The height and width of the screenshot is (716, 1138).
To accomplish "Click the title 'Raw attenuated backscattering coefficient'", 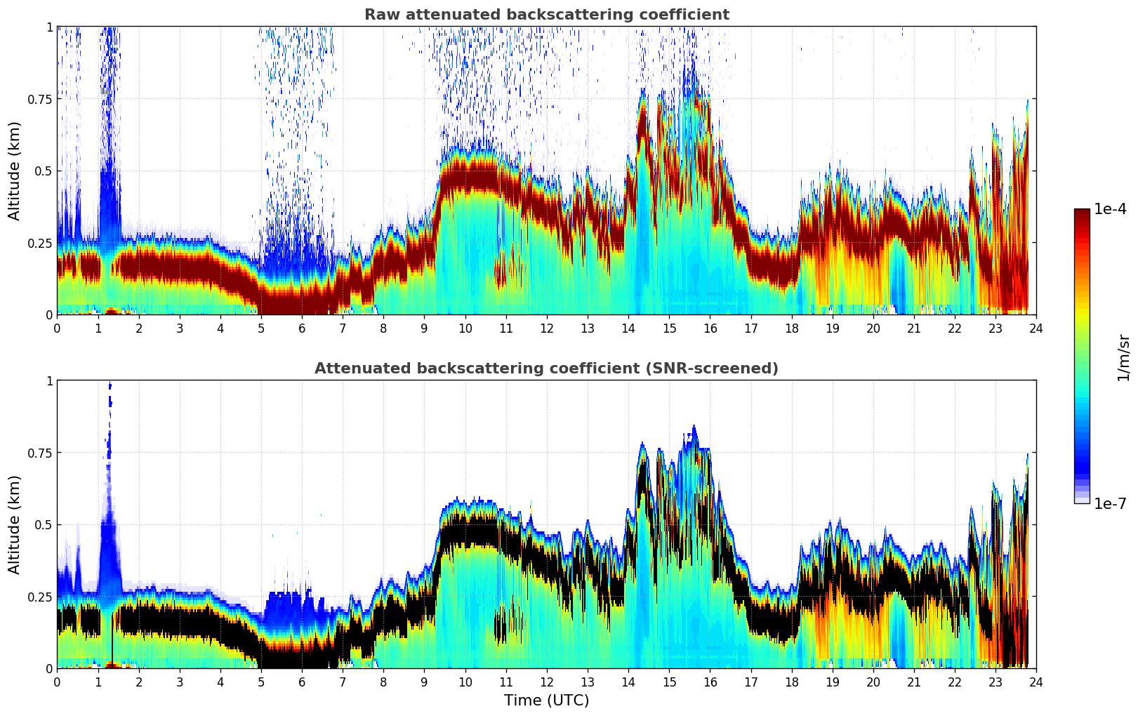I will point(546,15).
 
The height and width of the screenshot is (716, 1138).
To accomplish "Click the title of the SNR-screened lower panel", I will point(546,369).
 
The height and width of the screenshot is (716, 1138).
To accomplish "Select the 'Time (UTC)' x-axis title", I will point(546,701).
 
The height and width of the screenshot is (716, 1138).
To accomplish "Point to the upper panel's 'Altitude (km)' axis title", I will point(15,171).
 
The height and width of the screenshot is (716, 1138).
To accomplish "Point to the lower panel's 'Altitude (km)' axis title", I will point(15,524).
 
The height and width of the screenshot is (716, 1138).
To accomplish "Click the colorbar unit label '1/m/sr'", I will point(1123,358).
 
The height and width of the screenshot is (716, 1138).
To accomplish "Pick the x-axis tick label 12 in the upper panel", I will point(547,328).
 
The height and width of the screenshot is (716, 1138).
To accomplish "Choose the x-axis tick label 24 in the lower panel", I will point(1036,682).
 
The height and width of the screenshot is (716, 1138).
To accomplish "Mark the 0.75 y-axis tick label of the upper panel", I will point(39,99).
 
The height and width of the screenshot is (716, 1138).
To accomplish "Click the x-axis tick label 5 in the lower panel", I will point(261,682).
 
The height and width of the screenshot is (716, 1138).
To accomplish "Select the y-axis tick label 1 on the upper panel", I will point(49,27).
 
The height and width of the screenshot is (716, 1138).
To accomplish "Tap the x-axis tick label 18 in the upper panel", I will point(792,328).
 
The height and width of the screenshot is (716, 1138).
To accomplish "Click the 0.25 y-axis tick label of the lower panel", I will point(39,597).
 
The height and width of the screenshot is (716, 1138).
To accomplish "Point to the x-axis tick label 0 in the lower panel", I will point(57,682).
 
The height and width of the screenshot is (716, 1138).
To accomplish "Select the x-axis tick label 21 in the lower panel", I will point(914,682).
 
